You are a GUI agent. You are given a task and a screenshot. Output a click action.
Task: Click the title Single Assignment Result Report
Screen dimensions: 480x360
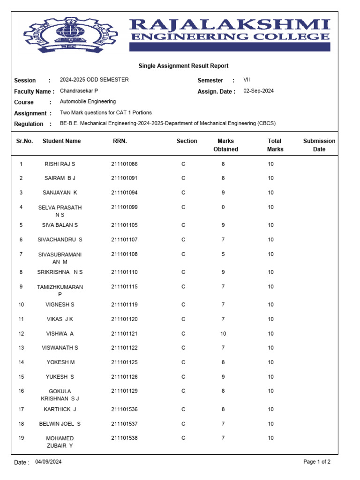(x=183, y=66)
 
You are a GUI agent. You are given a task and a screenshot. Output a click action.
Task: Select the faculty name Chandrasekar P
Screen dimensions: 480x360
(x=79, y=91)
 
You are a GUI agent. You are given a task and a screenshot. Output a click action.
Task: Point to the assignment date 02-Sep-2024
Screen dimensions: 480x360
(x=258, y=91)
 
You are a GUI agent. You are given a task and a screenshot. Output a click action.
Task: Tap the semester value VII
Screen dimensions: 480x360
(x=247, y=80)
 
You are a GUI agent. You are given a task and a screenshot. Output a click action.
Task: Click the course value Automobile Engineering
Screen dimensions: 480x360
(x=88, y=102)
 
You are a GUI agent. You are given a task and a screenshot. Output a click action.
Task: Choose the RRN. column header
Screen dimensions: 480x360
(x=120, y=141)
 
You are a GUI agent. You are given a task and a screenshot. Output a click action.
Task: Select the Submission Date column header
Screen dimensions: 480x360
(x=319, y=145)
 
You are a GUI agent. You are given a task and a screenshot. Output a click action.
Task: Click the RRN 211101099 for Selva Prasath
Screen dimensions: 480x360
(x=124, y=207)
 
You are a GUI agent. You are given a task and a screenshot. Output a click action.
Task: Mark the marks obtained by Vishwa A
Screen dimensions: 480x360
(x=223, y=334)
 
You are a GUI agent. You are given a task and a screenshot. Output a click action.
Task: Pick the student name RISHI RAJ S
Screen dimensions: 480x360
(x=60, y=164)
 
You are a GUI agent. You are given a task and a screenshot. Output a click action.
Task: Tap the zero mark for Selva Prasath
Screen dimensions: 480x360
(x=223, y=207)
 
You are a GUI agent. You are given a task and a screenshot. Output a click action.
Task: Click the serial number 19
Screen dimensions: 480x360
(x=21, y=438)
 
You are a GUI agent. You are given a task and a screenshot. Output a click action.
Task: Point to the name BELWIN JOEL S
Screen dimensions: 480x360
(x=60, y=424)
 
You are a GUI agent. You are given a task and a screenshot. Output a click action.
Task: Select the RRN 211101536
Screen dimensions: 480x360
(x=124, y=409)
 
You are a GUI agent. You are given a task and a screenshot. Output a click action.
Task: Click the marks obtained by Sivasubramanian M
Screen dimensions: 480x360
(x=223, y=255)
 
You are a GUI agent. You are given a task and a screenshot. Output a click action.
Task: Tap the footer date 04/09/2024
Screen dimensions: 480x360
(x=48, y=462)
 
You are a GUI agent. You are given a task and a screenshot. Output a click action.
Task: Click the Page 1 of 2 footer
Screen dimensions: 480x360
(x=317, y=462)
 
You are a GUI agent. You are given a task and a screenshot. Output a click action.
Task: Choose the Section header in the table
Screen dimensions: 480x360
(x=187, y=141)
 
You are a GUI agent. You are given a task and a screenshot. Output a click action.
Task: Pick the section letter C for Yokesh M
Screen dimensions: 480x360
(x=183, y=362)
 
